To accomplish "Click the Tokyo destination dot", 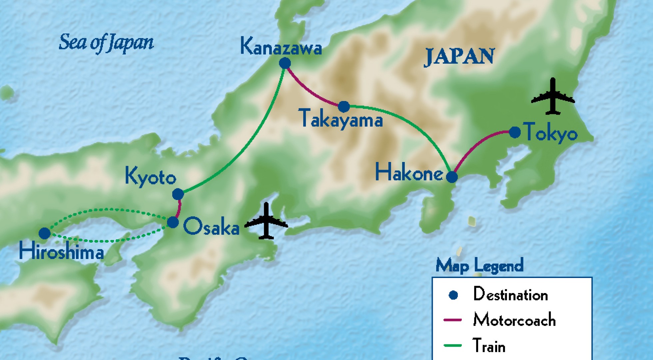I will click(515, 132).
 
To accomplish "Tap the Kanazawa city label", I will click(281, 47).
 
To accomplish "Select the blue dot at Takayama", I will click(344, 107).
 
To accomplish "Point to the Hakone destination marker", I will click(452, 177).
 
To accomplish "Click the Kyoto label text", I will click(150, 177).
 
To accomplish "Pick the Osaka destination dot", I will click(173, 222).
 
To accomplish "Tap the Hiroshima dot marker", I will click(45, 233).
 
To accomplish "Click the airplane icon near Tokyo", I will click(553, 97).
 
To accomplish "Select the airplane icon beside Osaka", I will click(266, 221).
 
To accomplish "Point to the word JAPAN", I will click(459, 57).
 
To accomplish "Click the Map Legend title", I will click(479, 266).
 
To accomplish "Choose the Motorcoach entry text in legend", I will click(514, 320).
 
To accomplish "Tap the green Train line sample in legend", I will click(453, 346).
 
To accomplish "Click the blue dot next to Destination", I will click(453, 295).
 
